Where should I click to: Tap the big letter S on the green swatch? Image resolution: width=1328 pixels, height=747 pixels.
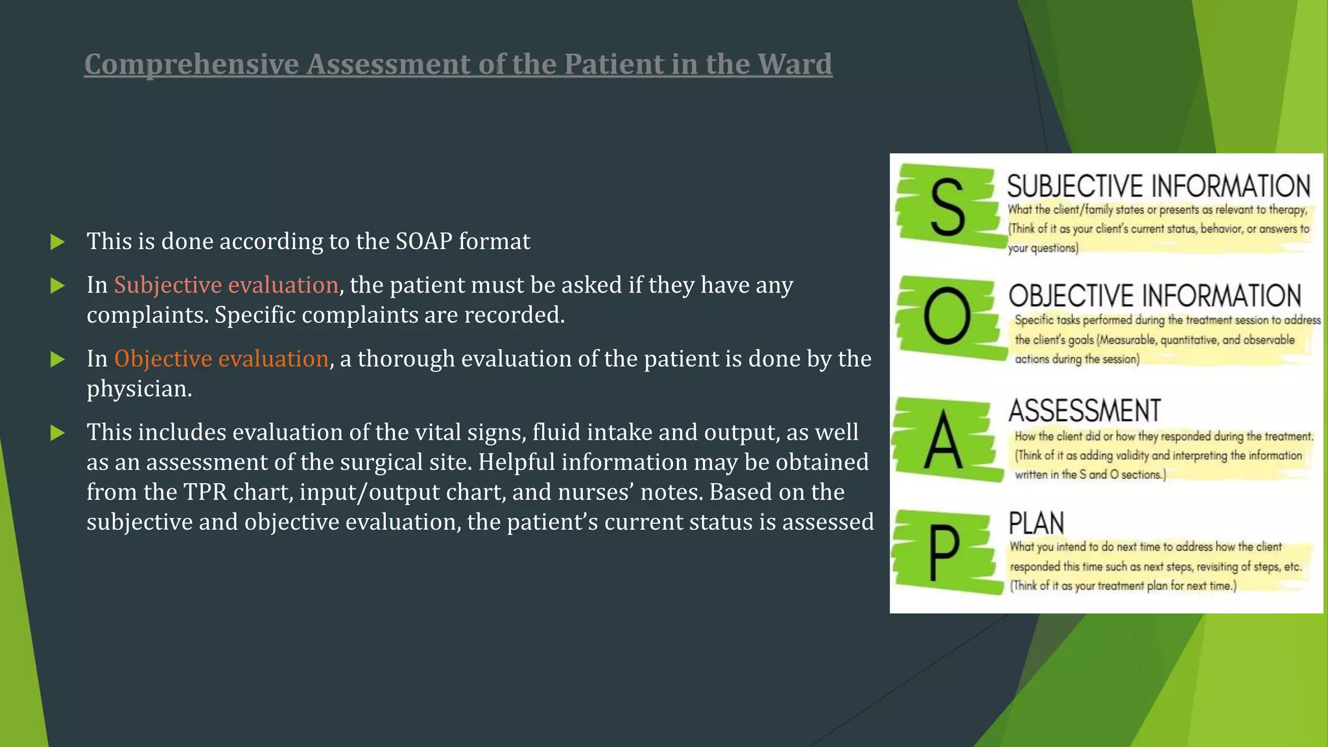947,207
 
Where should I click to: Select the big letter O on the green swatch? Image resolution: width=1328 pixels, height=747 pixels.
947,316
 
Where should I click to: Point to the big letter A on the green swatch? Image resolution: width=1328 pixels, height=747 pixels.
943,441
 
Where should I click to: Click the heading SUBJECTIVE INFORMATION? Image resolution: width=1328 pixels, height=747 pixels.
1158,186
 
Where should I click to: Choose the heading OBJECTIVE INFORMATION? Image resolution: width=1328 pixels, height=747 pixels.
1154,296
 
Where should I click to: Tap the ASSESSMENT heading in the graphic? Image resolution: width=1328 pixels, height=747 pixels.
1084,411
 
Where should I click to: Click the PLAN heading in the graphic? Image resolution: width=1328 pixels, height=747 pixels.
1036,523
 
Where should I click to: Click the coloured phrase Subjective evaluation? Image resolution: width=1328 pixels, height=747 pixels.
226,285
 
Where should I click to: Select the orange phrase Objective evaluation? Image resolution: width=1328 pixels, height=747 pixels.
221,359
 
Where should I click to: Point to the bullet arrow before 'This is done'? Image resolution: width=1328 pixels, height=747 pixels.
58,243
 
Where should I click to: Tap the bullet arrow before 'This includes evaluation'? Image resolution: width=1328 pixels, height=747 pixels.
58,433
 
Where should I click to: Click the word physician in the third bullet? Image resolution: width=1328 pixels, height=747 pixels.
138,389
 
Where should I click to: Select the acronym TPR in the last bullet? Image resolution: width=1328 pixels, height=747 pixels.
206,492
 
